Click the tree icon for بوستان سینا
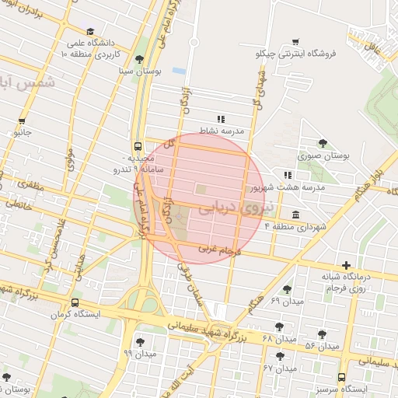point(138,59)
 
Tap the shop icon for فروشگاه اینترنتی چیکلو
point(295,42)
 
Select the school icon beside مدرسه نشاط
point(221,119)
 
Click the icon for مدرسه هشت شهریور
point(288,176)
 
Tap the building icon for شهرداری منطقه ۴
point(295,214)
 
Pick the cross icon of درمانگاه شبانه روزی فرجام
point(345,265)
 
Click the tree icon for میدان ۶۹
point(287,289)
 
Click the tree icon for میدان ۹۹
point(140,341)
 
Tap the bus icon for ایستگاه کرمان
point(74,303)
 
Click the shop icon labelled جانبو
point(22,121)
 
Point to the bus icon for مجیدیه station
point(138,145)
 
